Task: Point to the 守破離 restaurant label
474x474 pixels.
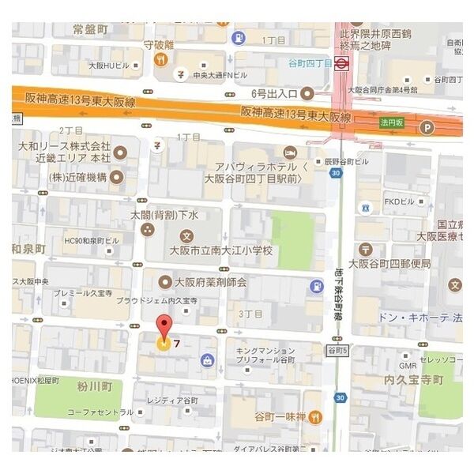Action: (159, 44)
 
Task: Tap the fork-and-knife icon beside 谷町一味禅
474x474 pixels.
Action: (314, 416)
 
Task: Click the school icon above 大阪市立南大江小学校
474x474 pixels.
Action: (186, 235)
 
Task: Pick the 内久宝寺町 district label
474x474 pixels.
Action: (413, 381)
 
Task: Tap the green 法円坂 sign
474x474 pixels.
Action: (391, 123)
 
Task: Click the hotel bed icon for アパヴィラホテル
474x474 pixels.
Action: (291, 151)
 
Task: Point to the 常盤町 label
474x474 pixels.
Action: (89, 30)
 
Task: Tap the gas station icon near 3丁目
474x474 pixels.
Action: (316, 286)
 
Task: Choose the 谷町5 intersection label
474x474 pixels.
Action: (336, 348)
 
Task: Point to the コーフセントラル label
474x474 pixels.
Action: (100, 412)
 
